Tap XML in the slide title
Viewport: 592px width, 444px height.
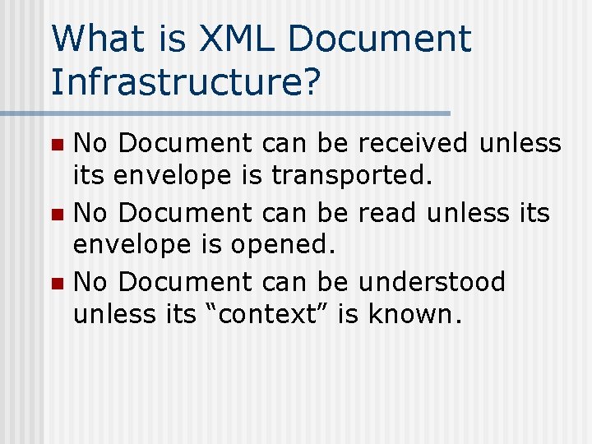[x=220, y=39]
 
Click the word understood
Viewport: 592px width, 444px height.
[x=432, y=282]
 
